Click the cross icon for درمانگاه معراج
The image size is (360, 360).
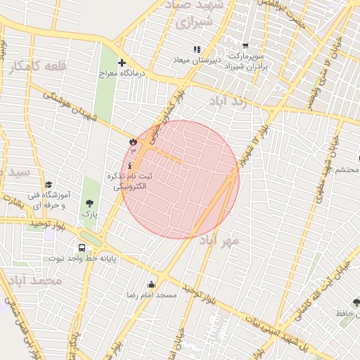click(122, 63)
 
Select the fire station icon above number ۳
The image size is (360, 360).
click(131, 141)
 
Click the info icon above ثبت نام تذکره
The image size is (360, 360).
click(129, 166)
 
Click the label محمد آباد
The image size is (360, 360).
click(32, 281)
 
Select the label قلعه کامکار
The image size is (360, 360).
click(38, 66)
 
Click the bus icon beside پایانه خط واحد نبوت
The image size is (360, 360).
click(82, 247)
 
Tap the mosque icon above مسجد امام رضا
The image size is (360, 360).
click(152, 285)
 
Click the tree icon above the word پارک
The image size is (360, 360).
click(89, 203)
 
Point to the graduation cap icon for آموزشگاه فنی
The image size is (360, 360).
click(48, 184)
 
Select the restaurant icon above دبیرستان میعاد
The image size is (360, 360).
click(197, 49)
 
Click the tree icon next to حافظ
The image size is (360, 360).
click(356, 302)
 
